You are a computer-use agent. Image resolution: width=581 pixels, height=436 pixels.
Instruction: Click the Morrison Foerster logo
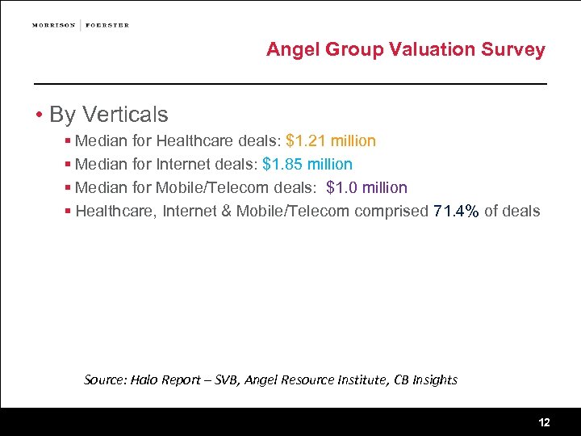(x=81, y=25)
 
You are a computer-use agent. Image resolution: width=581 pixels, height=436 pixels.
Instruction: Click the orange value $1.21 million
(x=331, y=141)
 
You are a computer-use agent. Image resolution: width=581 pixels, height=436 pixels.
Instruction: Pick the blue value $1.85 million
(x=307, y=165)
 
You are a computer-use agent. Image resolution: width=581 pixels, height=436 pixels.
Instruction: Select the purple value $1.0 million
(x=367, y=188)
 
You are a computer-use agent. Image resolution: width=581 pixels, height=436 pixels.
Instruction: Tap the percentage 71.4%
(x=456, y=212)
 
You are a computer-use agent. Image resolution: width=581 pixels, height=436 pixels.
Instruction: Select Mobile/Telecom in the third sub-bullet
(x=206, y=188)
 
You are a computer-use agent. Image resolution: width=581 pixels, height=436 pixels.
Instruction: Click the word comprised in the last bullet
(x=391, y=212)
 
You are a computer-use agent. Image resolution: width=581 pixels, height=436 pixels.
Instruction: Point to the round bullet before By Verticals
(x=39, y=115)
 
